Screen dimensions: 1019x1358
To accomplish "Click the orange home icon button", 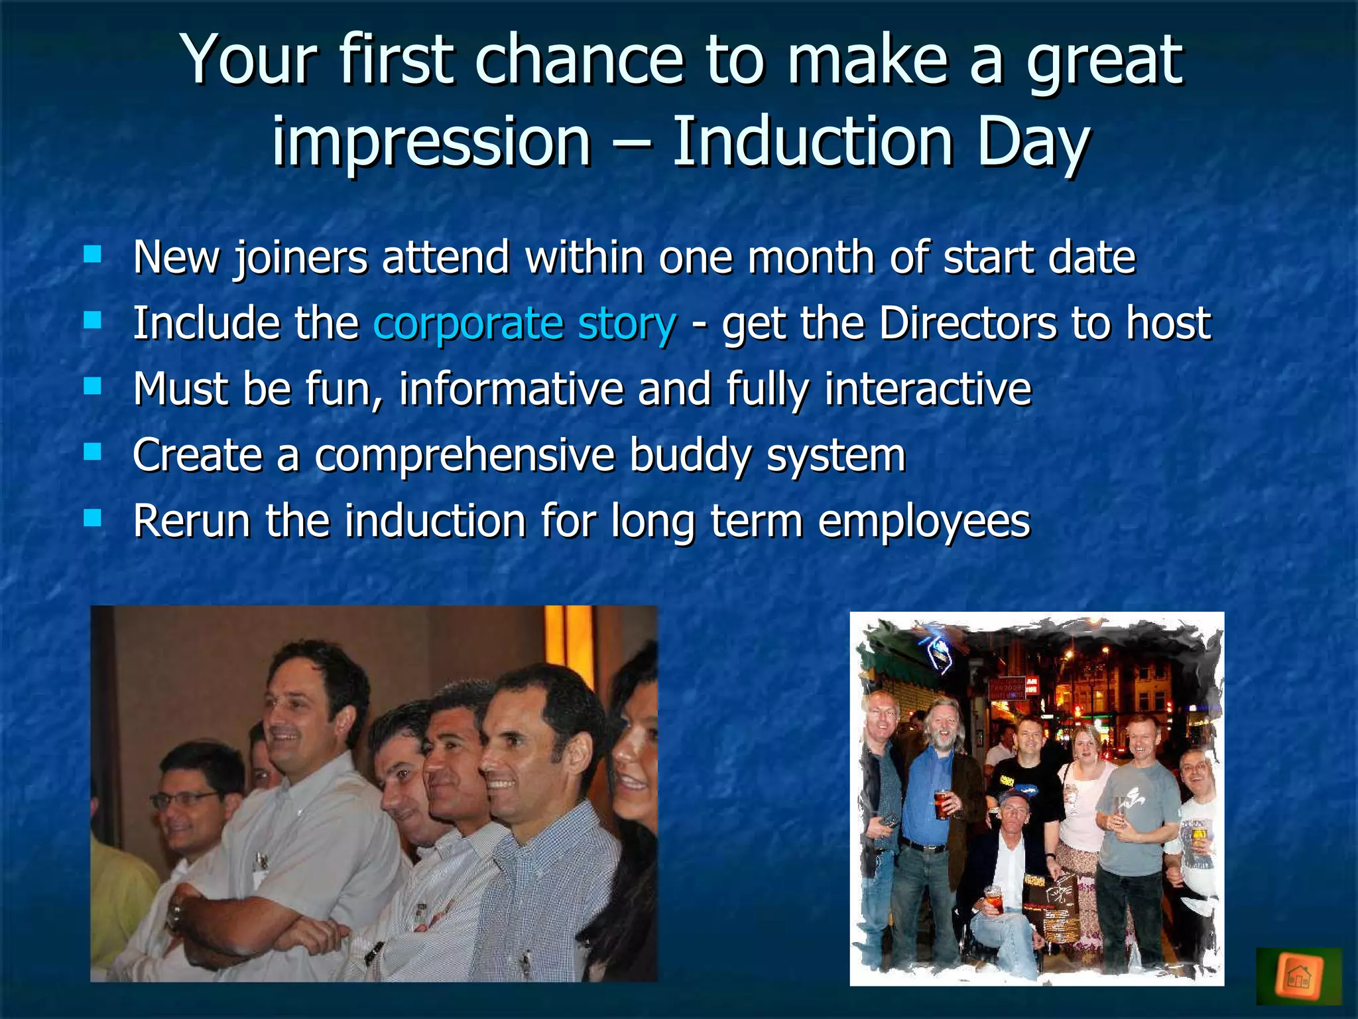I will click(x=1298, y=976).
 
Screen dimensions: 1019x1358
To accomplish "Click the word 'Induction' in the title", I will click(x=812, y=142).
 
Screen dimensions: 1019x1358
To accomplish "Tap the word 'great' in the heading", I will click(x=1104, y=61).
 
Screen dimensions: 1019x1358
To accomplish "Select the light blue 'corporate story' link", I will click(x=525, y=324).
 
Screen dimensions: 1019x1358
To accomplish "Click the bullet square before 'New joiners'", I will click(x=93, y=255).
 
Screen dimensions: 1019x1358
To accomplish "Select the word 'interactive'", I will click(x=928, y=389).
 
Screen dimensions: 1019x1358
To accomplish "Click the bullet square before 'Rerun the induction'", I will click(x=93, y=517).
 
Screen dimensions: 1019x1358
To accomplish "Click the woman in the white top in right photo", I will click(x=1083, y=796).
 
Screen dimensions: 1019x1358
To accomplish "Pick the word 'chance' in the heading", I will click(x=578, y=61).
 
